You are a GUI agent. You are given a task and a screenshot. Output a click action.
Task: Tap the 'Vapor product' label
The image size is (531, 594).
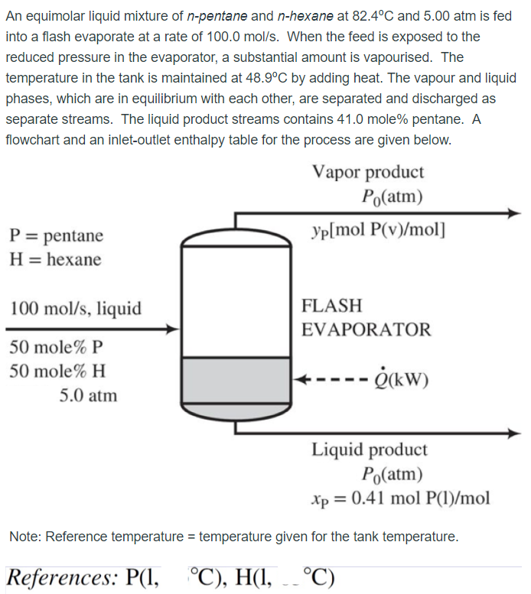point(368,173)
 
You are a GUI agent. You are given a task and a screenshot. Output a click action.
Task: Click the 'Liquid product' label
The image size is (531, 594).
point(369,450)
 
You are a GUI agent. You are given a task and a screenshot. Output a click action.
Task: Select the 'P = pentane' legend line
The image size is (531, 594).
point(56,235)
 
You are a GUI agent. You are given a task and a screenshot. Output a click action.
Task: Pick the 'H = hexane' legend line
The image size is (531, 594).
point(55,259)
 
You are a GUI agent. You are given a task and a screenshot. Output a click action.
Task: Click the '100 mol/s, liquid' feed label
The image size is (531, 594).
point(75,308)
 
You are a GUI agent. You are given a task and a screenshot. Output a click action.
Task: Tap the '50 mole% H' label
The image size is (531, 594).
point(57,372)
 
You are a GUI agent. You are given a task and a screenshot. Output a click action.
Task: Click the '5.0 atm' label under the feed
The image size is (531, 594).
point(88,395)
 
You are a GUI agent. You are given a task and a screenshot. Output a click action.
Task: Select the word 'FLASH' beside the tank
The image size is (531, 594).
point(332,306)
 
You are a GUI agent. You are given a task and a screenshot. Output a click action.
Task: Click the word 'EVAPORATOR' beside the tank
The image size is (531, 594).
point(366,330)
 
